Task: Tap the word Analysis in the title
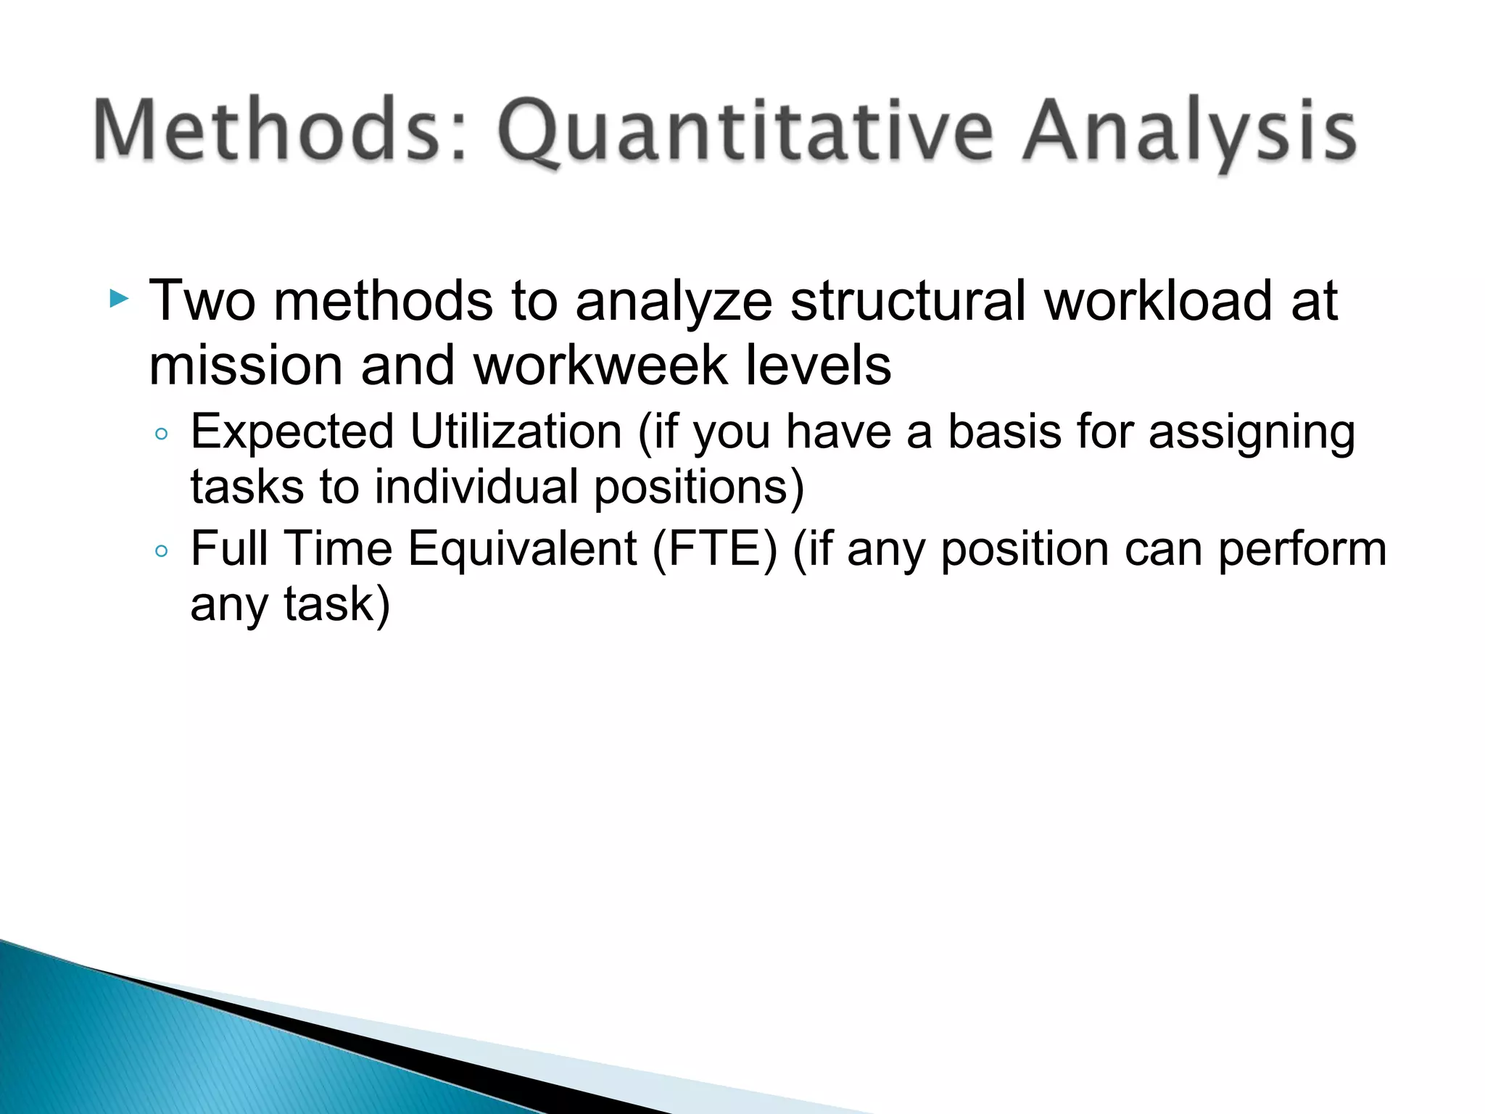pos(1189,132)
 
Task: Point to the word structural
pos(907,300)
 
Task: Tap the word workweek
pos(601,366)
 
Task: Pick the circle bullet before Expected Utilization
pos(162,434)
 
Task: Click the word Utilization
pos(516,433)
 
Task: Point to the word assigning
pos(1252,433)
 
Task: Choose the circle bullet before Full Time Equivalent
pos(162,551)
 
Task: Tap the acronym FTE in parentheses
pos(714,549)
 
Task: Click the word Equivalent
pos(522,549)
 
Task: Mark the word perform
pos(1302,549)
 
